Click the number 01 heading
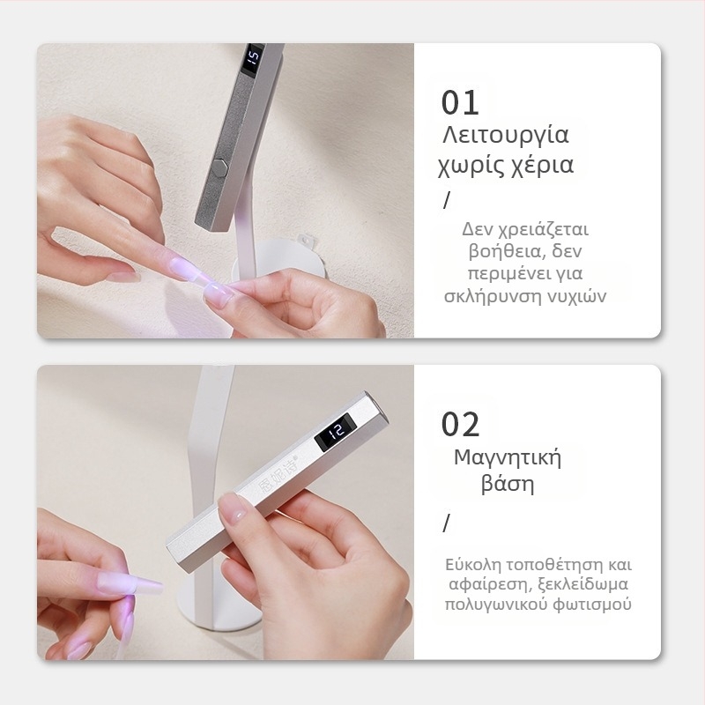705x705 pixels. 460,103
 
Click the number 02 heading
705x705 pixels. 460,425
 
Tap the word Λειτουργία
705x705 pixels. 506,136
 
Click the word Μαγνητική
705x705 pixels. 508,458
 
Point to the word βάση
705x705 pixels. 508,484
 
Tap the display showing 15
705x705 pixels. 253,58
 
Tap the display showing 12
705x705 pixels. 336,431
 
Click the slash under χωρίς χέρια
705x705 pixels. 447,201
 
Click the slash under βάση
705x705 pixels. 446,523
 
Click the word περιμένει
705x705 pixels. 506,274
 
